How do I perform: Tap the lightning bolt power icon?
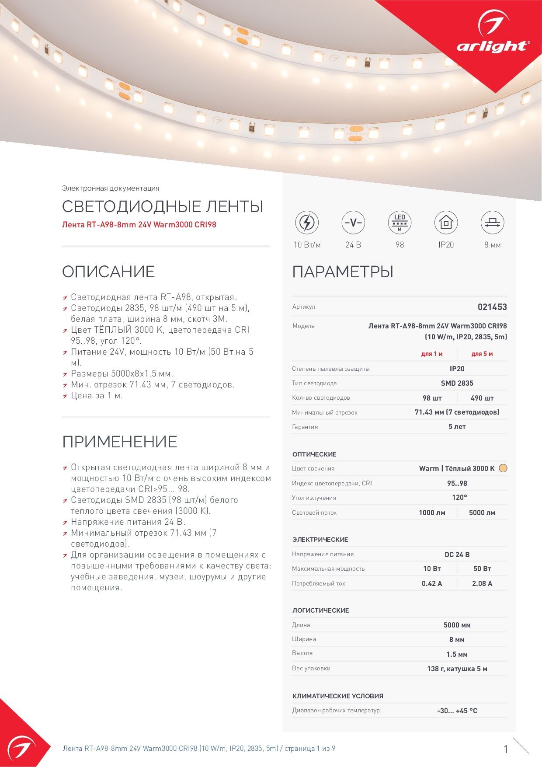306,223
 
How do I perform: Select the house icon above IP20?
445,223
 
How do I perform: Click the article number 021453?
492,307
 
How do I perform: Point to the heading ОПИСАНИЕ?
108,272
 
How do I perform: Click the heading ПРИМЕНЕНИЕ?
119,442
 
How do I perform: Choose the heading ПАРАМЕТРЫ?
343,272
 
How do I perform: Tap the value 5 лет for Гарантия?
457,426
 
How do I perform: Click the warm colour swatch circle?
503,468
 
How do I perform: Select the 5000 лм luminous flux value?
482,512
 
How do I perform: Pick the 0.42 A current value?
431,583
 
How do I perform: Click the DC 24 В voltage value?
457,554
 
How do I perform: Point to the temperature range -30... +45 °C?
457,711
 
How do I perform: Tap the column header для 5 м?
482,354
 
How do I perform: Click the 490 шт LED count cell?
482,398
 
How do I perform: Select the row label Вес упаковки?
311,668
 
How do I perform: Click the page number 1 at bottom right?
506,749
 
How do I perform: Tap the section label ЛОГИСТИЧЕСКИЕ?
320,610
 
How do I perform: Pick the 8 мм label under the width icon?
492,245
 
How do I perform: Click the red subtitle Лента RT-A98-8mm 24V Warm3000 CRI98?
139,225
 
